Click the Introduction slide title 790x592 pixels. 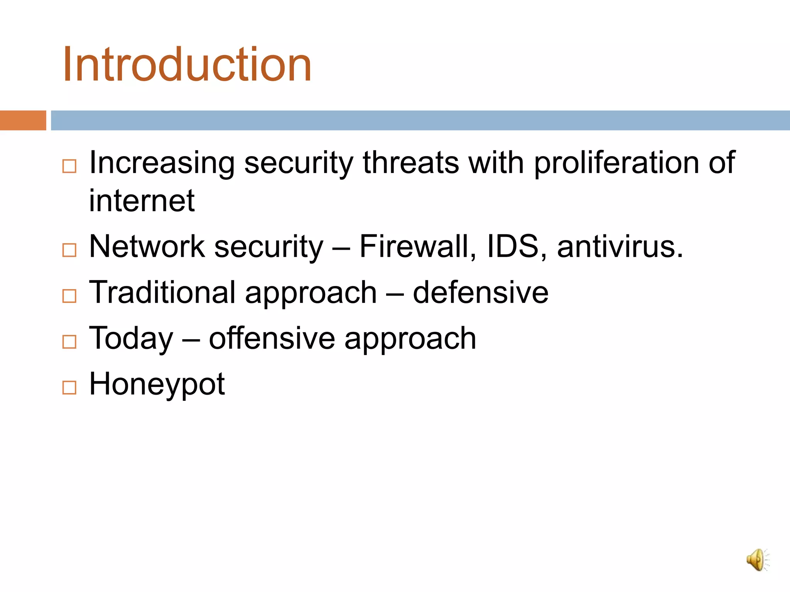(x=187, y=64)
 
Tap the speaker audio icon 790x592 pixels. (x=757, y=560)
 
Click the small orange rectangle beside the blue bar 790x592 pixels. (x=23, y=120)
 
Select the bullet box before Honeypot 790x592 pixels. (x=69, y=387)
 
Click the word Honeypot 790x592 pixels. (x=157, y=384)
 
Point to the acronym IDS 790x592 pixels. (x=513, y=247)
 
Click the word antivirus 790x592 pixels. (x=620, y=247)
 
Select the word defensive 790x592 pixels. (x=480, y=293)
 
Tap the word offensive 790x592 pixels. (x=272, y=338)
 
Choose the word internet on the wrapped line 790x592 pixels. (x=142, y=201)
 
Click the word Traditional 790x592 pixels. (x=162, y=293)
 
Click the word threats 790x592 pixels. (x=410, y=163)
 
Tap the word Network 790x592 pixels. (x=147, y=247)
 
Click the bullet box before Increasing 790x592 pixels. (x=69, y=166)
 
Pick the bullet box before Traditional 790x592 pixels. (x=69, y=296)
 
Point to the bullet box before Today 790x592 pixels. (x=69, y=342)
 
